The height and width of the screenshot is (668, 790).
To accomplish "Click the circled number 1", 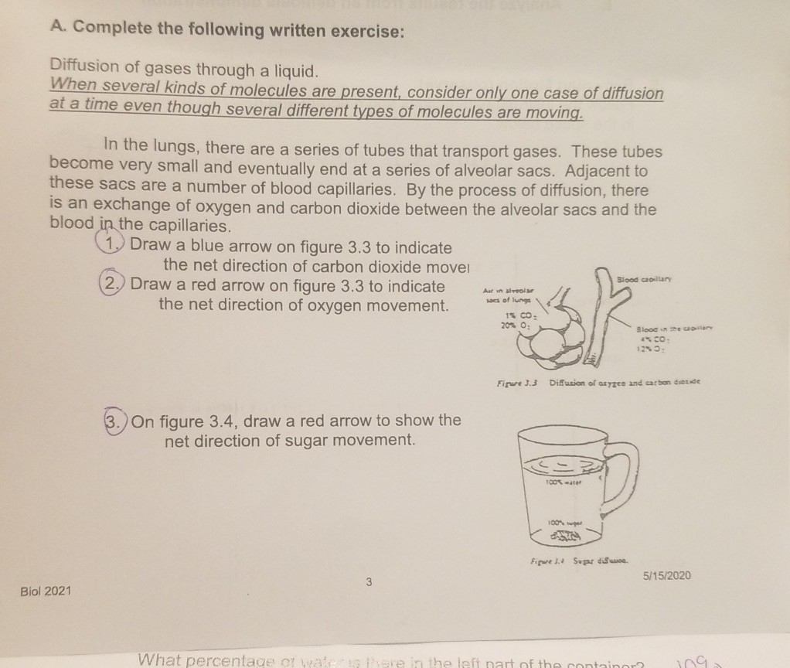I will pos(114,247).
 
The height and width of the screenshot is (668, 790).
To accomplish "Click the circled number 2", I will pos(115,285).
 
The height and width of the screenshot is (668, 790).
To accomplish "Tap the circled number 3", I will pos(115,422).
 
